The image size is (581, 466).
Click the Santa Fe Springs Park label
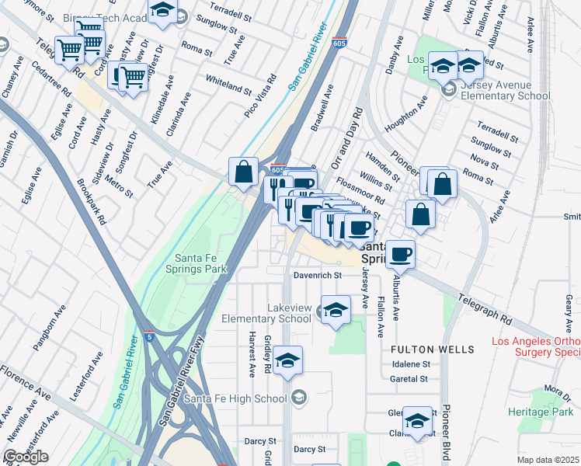(200, 264)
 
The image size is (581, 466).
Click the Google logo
(26, 457)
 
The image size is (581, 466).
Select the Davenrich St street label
(317, 275)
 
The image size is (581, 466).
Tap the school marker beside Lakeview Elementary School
(335, 311)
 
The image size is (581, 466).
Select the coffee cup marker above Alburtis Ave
(400, 253)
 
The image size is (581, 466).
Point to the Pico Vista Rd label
(261, 96)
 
